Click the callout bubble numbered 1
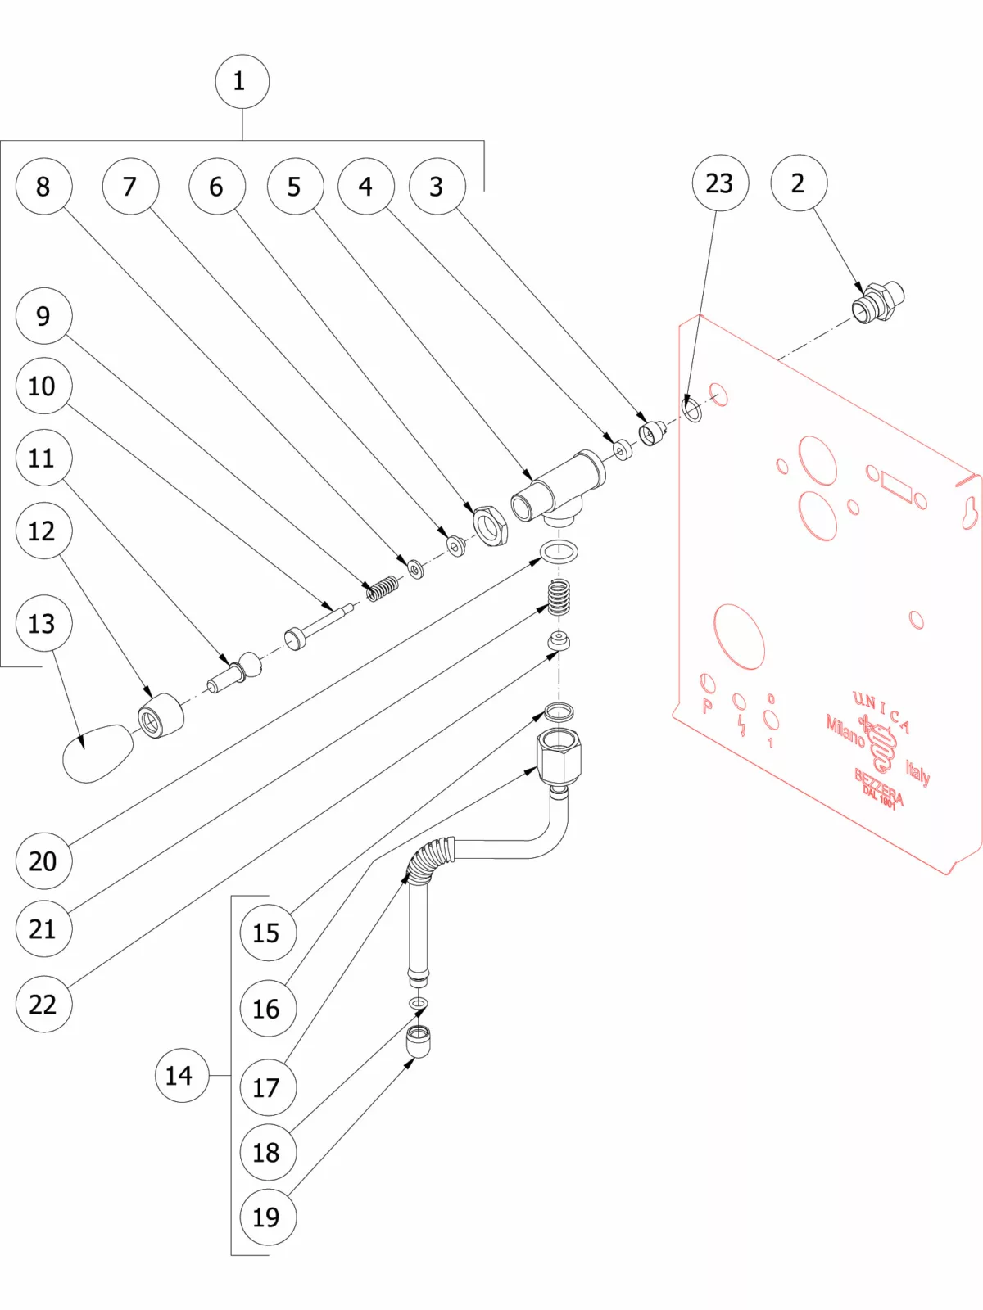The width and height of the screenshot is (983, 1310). (x=242, y=81)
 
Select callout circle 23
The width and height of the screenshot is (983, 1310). (x=719, y=183)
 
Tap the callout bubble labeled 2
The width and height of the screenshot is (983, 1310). (x=798, y=183)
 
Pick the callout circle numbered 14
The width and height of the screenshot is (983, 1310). (x=181, y=1075)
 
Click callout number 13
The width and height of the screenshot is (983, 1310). (x=43, y=623)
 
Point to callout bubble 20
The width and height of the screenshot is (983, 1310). (x=43, y=861)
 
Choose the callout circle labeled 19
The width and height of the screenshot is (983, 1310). (x=267, y=1217)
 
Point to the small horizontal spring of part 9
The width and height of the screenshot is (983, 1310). (x=383, y=587)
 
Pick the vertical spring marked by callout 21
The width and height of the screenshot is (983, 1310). (x=559, y=597)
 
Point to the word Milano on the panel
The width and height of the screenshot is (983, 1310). (x=845, y=730)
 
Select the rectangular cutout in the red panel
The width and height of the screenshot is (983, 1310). (x=896, y=488)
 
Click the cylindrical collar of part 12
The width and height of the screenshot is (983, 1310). (x=161, y=716)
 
